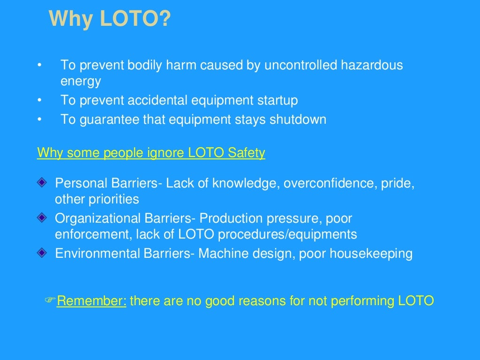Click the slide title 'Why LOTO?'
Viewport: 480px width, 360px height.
click(x=110, y=19)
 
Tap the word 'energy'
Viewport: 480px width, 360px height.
click(x=81, y=82)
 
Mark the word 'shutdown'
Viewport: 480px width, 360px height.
click(x=298, y=120)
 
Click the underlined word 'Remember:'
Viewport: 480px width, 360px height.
click(x=91, y=301)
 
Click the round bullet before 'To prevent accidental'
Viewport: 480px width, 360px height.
click(x=40, y=100)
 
